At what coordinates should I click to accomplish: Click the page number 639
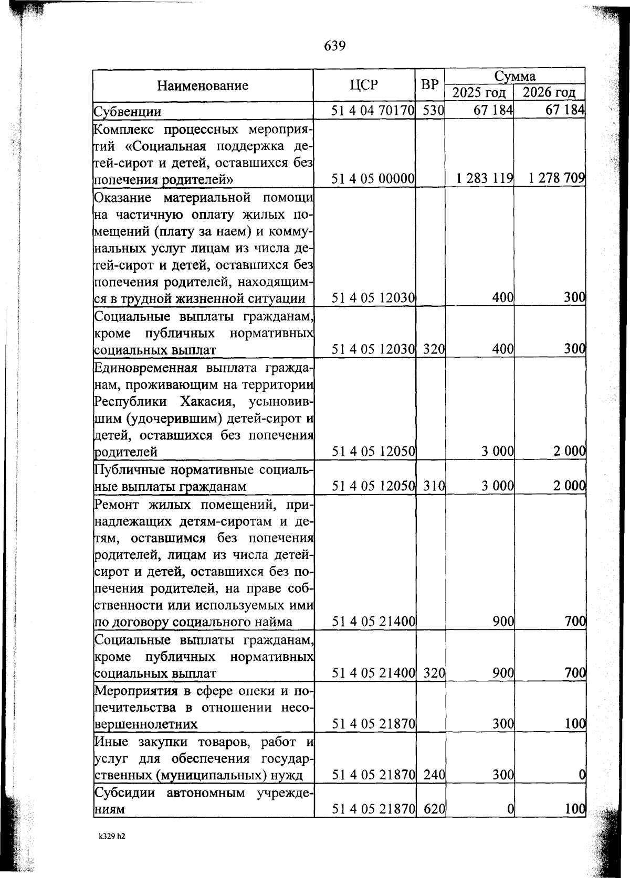tap(335, 46)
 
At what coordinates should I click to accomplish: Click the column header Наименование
tap(203, 85)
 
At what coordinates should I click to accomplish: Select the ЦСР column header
tap(363, 85)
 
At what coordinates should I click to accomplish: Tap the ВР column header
tap(430, 85)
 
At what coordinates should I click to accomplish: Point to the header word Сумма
tap(515, 77)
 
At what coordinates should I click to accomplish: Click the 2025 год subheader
tap(479, 93)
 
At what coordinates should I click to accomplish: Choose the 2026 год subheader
tap(549, 93)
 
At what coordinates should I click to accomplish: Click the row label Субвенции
tap(127, 112)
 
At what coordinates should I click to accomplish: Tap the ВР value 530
tap(434, 111)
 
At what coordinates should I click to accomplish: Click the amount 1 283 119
tap(485, 178)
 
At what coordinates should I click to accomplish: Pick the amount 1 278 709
tap(556, 178)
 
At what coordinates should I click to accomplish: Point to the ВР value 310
tap(434, 486)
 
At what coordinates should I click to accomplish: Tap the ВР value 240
tap(434, 774)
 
